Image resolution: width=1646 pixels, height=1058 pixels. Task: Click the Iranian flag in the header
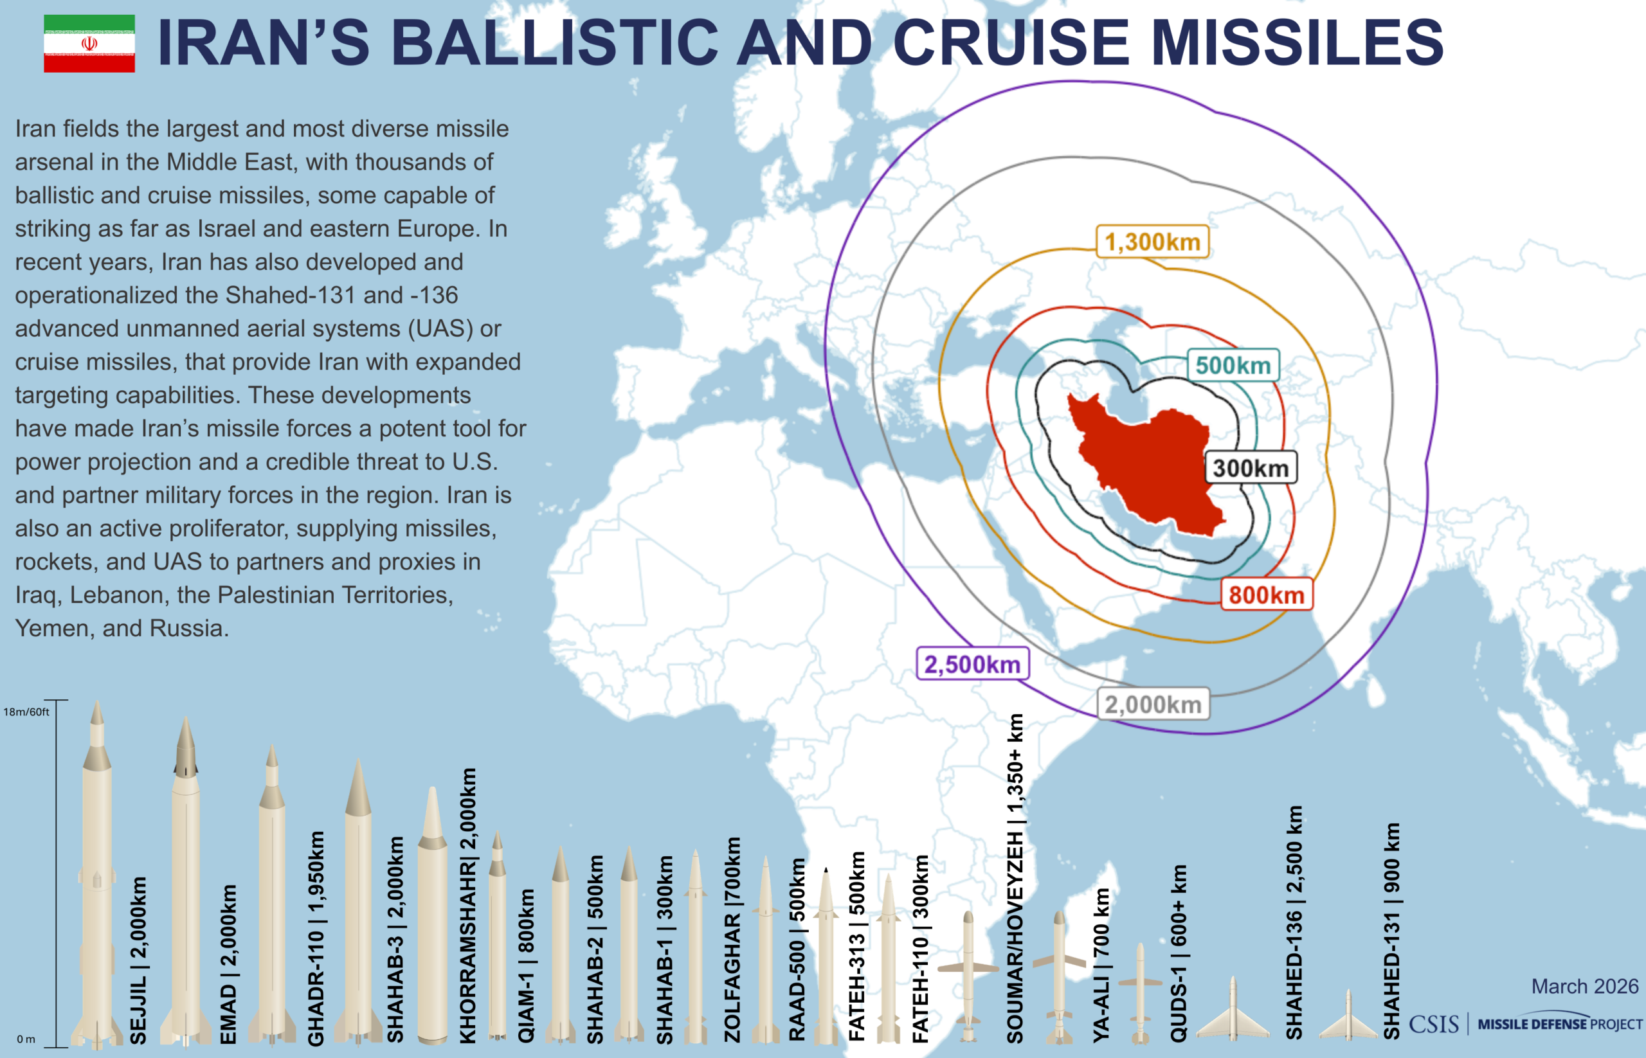pos(89,43)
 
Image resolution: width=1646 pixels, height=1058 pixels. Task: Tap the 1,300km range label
pos(1152,242)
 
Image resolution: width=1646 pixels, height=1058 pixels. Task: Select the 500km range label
pos(1233,366)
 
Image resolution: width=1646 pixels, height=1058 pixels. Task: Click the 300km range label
pos(1250,469)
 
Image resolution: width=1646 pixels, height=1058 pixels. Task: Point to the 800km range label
pos(1266,595)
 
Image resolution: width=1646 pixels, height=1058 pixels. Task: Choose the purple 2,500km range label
pos(972,665)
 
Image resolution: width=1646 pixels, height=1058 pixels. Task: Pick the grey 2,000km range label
pos(1153,705)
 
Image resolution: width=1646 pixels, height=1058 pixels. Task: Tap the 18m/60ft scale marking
pos(26,712)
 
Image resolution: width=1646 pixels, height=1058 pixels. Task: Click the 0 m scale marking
pos(26,1039)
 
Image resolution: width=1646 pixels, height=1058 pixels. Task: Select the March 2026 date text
pos(1584,987)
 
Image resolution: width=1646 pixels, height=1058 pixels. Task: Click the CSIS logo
pos(1434,1025)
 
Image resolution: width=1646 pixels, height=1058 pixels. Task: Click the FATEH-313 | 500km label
pos(857,947)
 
